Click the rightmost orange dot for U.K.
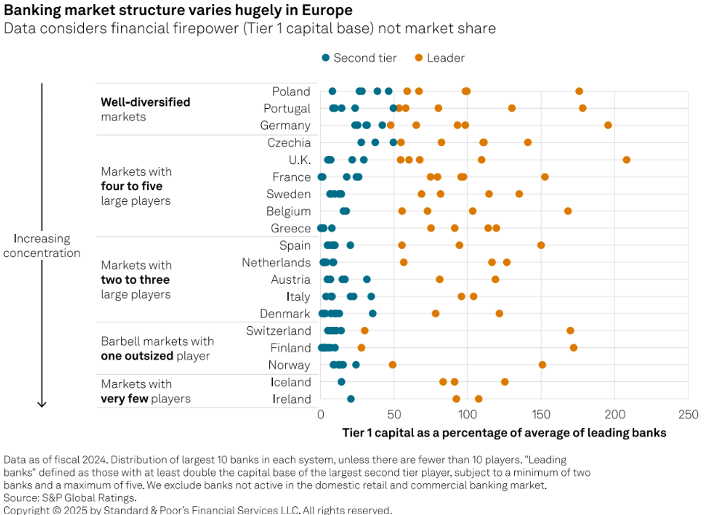626,160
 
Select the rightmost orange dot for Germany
608,125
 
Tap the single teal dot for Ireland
350,399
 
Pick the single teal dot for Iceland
341,382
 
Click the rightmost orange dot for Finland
573,347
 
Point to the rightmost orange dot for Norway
542,365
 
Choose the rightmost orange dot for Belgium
568,211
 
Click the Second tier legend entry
359,58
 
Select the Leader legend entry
440,58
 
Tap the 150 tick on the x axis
541,414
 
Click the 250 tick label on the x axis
688,414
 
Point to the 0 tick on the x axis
321,414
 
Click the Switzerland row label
278,331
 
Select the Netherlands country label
276,263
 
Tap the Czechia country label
289,143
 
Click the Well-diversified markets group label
145,109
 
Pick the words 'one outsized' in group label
137,356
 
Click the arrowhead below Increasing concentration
42,404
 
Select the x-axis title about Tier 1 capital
504,433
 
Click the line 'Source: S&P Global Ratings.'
70,498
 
